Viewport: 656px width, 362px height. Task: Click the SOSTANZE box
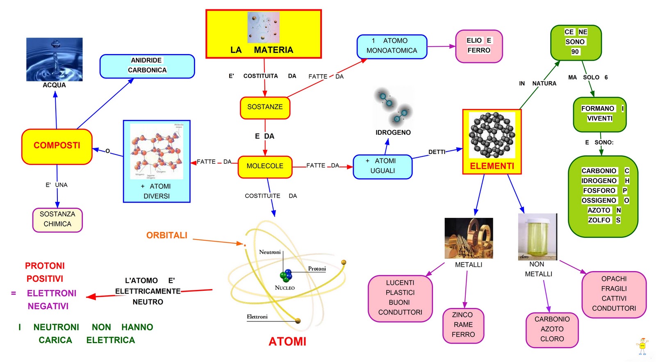(x=265, y=107)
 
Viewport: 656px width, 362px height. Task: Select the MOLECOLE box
(x=265, y=166)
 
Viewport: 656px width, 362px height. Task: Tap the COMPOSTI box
(x=57, y=146)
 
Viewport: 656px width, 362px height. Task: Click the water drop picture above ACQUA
(x=54, y=59)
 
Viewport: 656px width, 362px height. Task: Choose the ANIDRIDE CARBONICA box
(x=147, y=66)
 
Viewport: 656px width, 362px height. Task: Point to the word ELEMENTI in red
(x=492, y=166)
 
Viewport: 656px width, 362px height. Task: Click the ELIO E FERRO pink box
(x=478, y=46)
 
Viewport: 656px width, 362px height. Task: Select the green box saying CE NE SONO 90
(x=576, y=42)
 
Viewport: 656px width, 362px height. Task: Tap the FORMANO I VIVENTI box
(x=599, y=114)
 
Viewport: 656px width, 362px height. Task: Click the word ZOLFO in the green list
(x=599, y=220)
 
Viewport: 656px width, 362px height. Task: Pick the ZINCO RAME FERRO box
(x=463, y=325)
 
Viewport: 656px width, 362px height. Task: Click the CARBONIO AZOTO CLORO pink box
(x=552, y=329)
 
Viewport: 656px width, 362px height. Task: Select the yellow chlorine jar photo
(x=538, y=236)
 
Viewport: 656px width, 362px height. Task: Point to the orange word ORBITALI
(x=166, y=235)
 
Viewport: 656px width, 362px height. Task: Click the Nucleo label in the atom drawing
(x=285, y=288)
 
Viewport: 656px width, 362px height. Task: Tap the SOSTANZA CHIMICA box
(x=57, y=219)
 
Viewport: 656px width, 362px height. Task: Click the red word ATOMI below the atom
(x=287, y=342)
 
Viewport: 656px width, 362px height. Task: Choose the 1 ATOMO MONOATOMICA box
(x=392, y=46)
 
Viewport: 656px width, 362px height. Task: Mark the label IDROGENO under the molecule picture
(x=393, y=133)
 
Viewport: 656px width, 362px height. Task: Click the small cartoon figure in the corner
(x=642, y=346)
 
